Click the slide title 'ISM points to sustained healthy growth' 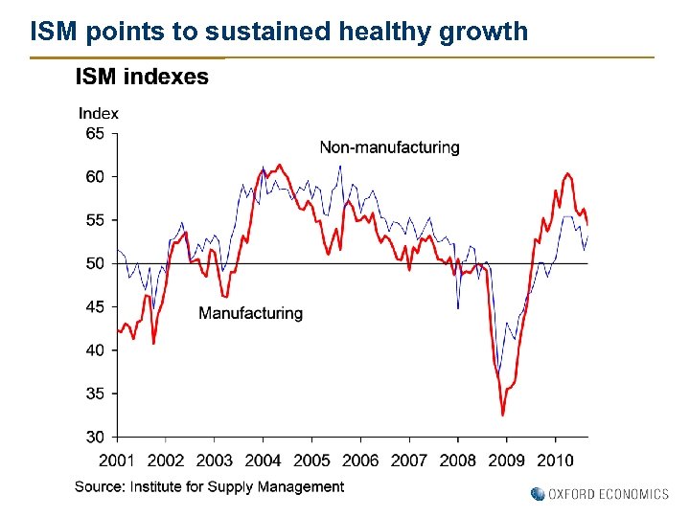point(279,32)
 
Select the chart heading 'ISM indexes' point(142,78)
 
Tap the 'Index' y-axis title point(99,113)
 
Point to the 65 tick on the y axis point(95,134)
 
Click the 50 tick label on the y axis point(95,263)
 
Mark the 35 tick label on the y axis point(95,393)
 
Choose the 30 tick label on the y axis point(95,437)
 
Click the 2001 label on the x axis point(117,461)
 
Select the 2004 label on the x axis point(263,461)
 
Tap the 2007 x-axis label point(409,461)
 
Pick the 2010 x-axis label point(555,461)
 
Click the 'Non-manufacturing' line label point(389,147)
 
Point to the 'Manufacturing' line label point(250,313)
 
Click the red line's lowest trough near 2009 point(503,415)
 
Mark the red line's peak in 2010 point(568,173)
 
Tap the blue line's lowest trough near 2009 point(498,372)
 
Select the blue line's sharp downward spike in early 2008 point(458,307)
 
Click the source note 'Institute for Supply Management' point(237,486)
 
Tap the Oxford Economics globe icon point(537,494)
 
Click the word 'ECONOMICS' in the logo point(634,494)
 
